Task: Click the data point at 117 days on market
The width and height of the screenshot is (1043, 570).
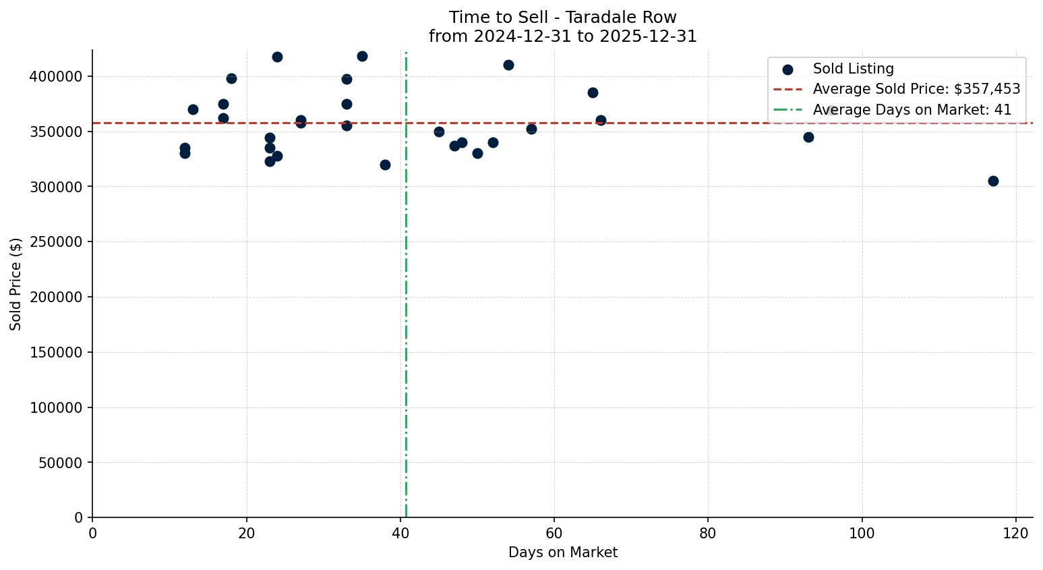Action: point(992,181)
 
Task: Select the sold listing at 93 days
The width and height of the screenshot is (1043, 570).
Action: point(808,137)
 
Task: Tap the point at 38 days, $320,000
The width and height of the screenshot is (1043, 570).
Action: point(385,165)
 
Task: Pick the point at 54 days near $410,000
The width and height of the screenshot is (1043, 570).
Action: point(508,65)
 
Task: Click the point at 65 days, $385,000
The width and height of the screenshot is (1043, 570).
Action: point(593,92)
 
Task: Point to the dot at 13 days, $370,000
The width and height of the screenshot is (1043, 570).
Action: point(193,109)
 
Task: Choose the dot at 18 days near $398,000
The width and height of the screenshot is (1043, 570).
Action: point(231,78)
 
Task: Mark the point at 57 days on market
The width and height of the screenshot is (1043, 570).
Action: point(531,129)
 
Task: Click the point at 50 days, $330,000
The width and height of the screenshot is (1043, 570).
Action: point(477,153)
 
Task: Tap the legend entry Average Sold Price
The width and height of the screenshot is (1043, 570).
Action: point(916,89)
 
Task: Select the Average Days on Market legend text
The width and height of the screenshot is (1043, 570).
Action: point(912,110)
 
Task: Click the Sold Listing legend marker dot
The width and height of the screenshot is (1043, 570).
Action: point(787,69)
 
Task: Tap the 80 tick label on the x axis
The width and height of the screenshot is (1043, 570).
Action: point(708,533)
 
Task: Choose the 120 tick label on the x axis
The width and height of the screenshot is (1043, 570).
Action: point(1016,533)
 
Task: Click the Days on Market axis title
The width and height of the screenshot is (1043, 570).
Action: point(562,552)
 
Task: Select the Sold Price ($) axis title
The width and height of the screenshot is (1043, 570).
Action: point(16,284)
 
